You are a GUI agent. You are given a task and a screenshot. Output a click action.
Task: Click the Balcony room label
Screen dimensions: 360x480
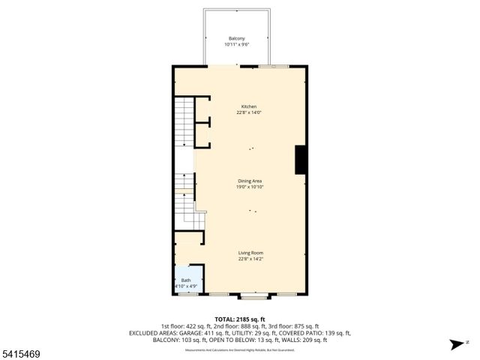coord(237,38)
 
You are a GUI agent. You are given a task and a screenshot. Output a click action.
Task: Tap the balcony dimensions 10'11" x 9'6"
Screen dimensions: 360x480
coord(237,44)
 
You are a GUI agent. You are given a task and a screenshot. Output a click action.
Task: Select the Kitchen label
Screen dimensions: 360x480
coord(249,106)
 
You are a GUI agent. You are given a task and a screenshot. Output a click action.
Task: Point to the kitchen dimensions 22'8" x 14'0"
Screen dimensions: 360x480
coord(249,112)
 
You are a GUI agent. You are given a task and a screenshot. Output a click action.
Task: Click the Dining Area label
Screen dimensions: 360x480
coord(250,181)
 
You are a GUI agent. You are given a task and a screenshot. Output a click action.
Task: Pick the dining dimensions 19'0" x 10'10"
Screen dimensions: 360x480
coord(250,187)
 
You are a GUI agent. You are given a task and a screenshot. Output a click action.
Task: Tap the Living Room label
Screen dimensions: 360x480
coord(250,253)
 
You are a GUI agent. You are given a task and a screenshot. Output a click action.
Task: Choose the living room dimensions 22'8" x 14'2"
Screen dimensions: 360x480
coord(250,259)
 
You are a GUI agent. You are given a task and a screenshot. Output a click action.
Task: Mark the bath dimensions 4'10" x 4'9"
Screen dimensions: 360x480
coord(185,286)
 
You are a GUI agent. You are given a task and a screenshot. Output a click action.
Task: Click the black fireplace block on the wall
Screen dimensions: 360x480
coord(301,159)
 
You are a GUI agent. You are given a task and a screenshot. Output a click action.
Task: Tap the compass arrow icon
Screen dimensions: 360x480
coord(455,344)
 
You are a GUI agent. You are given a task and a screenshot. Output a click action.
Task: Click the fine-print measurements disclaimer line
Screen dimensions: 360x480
coord(240,349)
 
